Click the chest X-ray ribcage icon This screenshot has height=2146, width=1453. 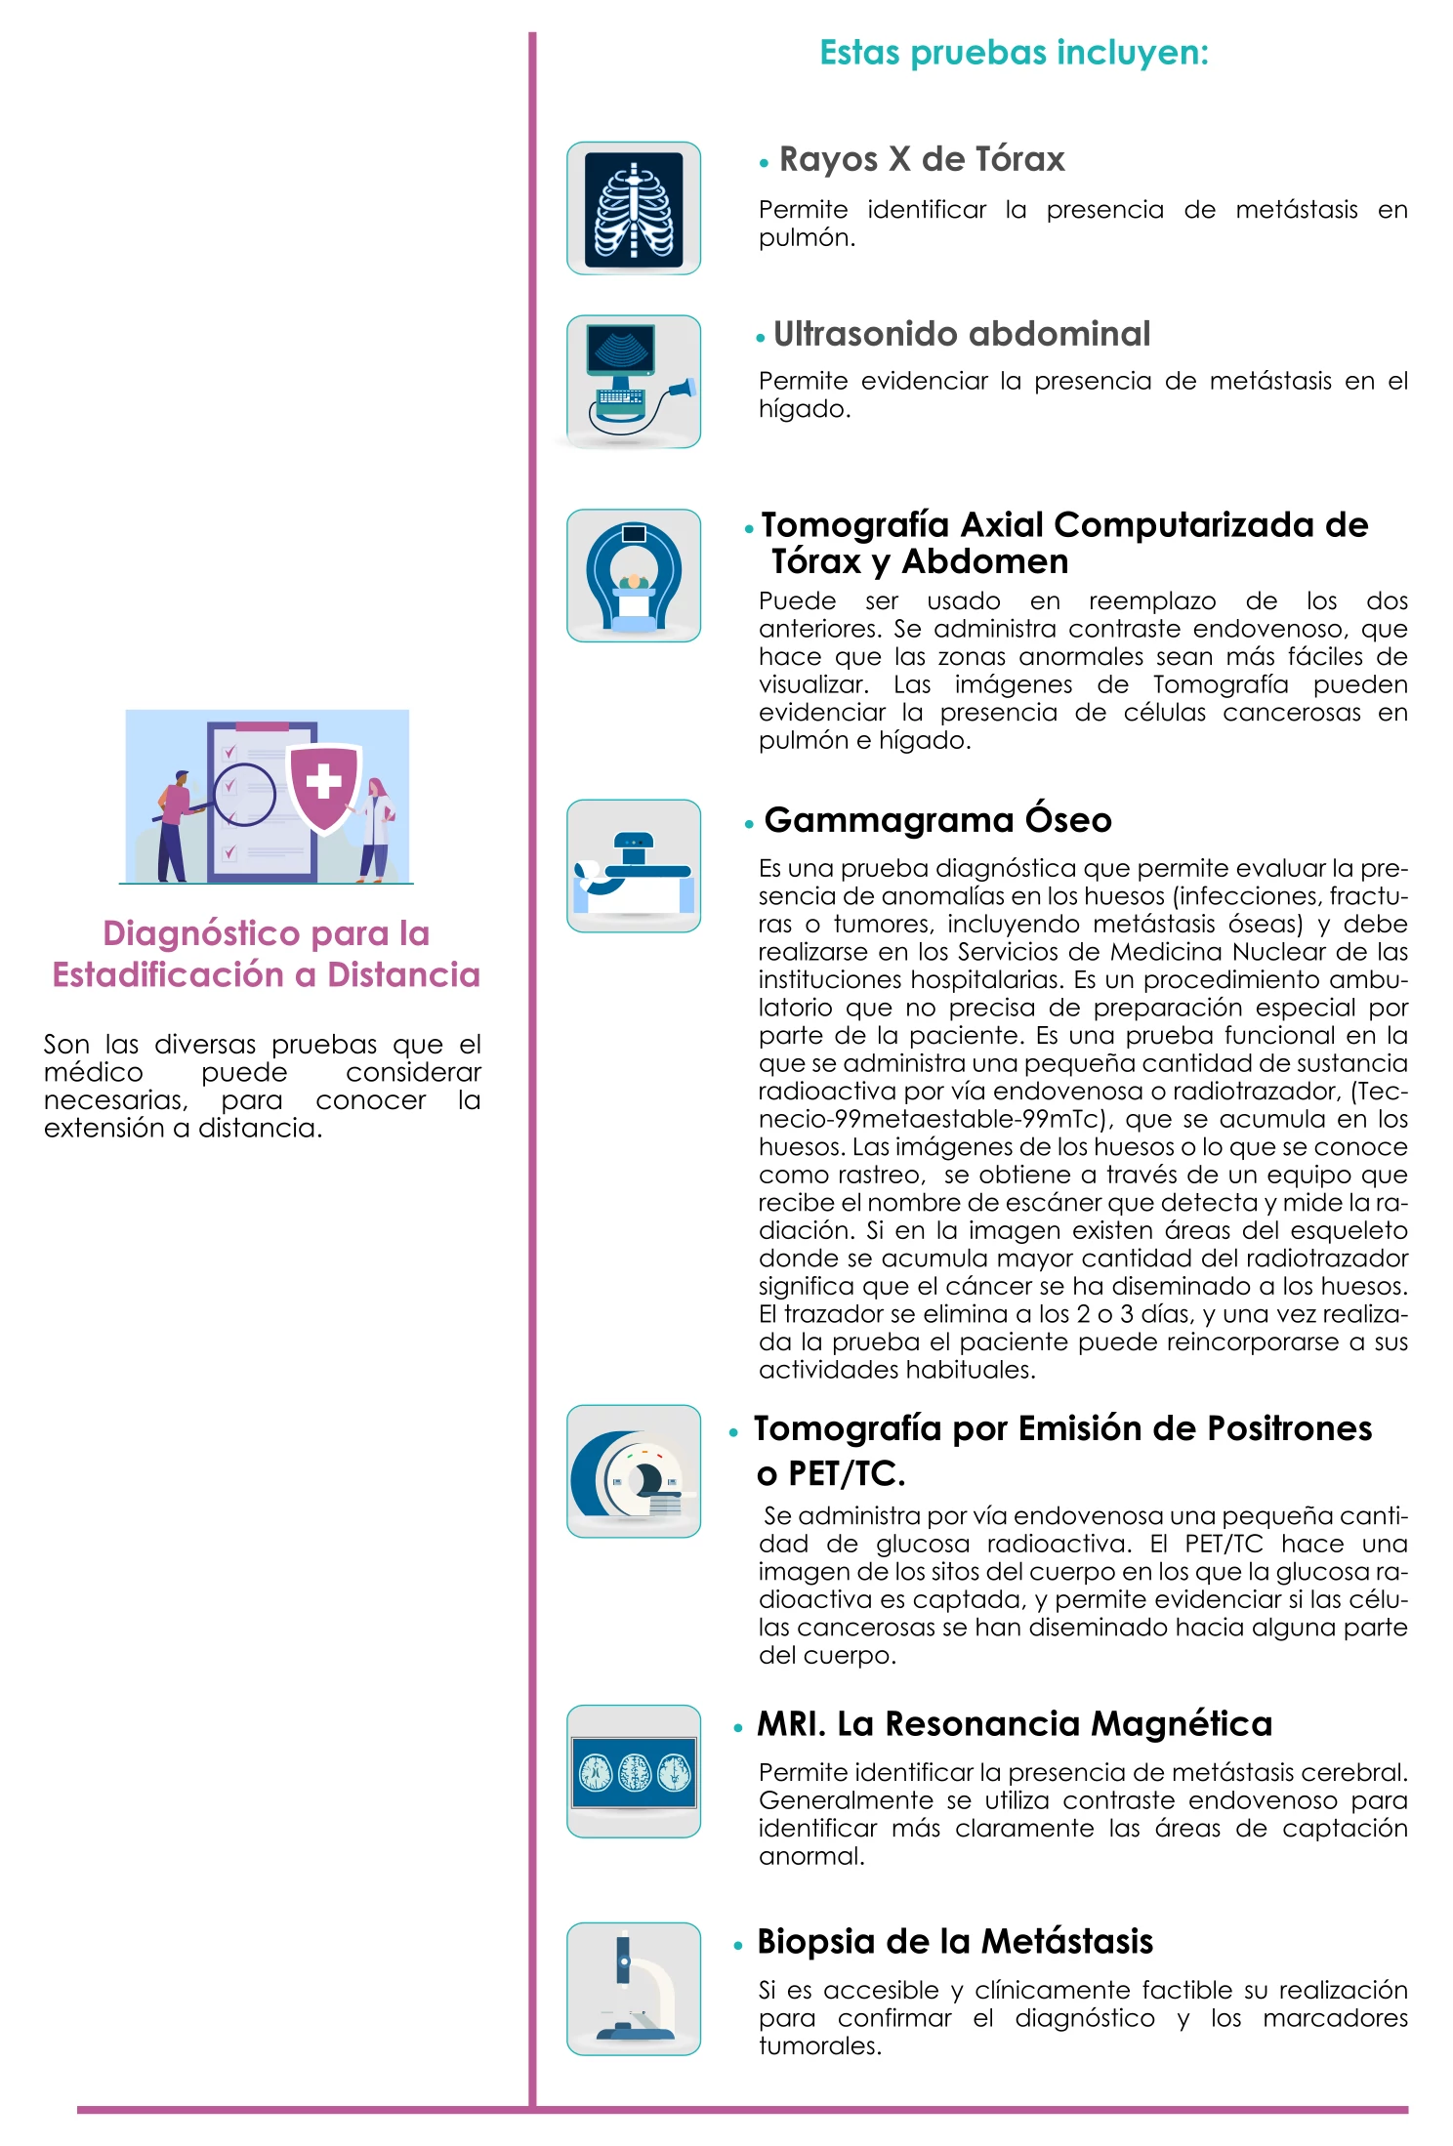(634, 208)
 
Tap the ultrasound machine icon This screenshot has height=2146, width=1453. (634, 382)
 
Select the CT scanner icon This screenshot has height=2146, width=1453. (634, 575)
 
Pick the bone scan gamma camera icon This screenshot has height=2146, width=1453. (634, 866)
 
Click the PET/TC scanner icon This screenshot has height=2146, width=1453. (634, 1471)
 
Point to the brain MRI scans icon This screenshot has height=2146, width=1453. (634, 1771)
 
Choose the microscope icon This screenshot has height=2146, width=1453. (634, 1989)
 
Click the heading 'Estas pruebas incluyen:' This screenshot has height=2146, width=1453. (1014, 53)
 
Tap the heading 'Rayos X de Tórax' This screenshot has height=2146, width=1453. (921, 159)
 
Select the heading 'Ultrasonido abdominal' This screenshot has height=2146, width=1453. (962, 334)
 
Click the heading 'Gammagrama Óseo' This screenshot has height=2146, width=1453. (937, 820)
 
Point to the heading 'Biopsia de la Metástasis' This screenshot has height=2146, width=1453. (955, 1941)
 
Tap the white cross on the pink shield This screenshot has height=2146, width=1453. (323, 782)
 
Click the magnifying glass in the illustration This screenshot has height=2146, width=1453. (244, 795)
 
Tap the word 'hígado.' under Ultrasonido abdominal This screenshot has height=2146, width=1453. (805, 409)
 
